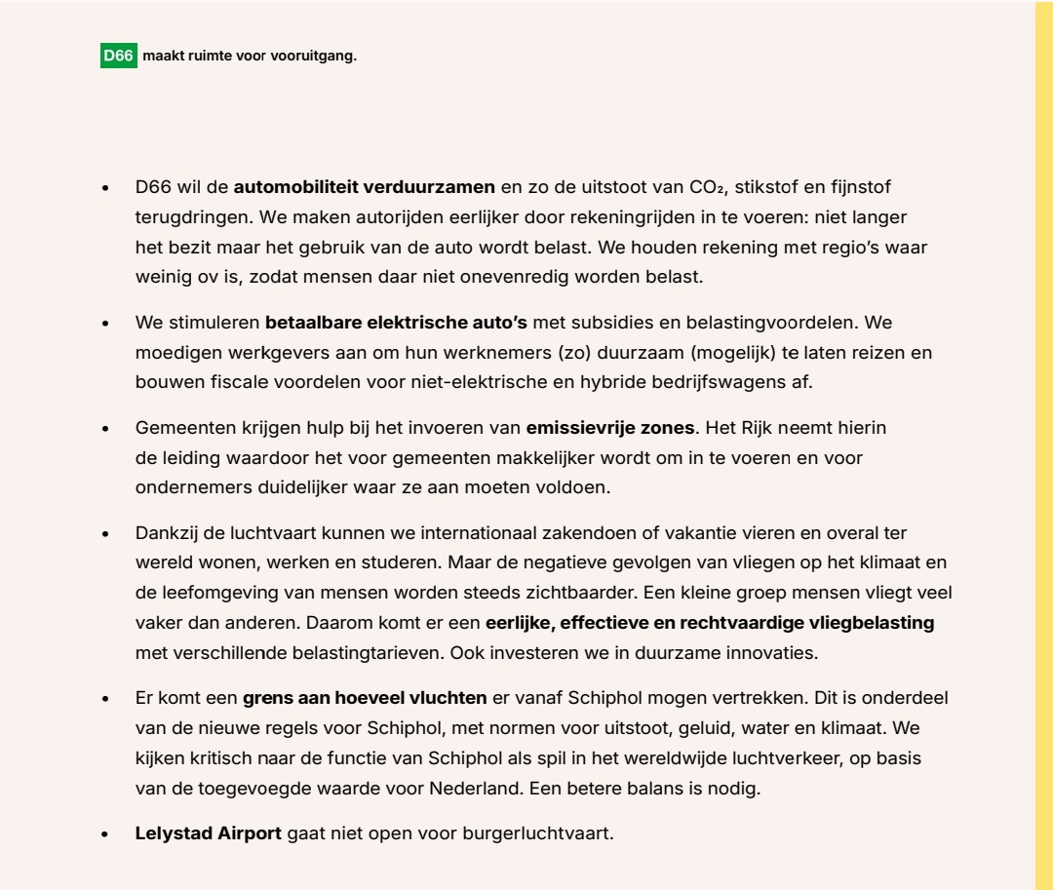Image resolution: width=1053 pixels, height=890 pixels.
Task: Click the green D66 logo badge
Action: pyautogui.click(x=119, y=57)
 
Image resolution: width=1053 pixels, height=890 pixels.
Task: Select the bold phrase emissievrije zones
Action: pyautogui.click(x=610, y=427)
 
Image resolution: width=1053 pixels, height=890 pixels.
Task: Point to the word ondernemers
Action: pyautogui.click(x=182, y=487)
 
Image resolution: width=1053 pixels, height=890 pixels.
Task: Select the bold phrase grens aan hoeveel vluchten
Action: pyautogui.click(x=365, y=698)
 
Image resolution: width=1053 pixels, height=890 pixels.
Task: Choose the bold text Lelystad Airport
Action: pyautogui.click(x=208, y=833)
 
